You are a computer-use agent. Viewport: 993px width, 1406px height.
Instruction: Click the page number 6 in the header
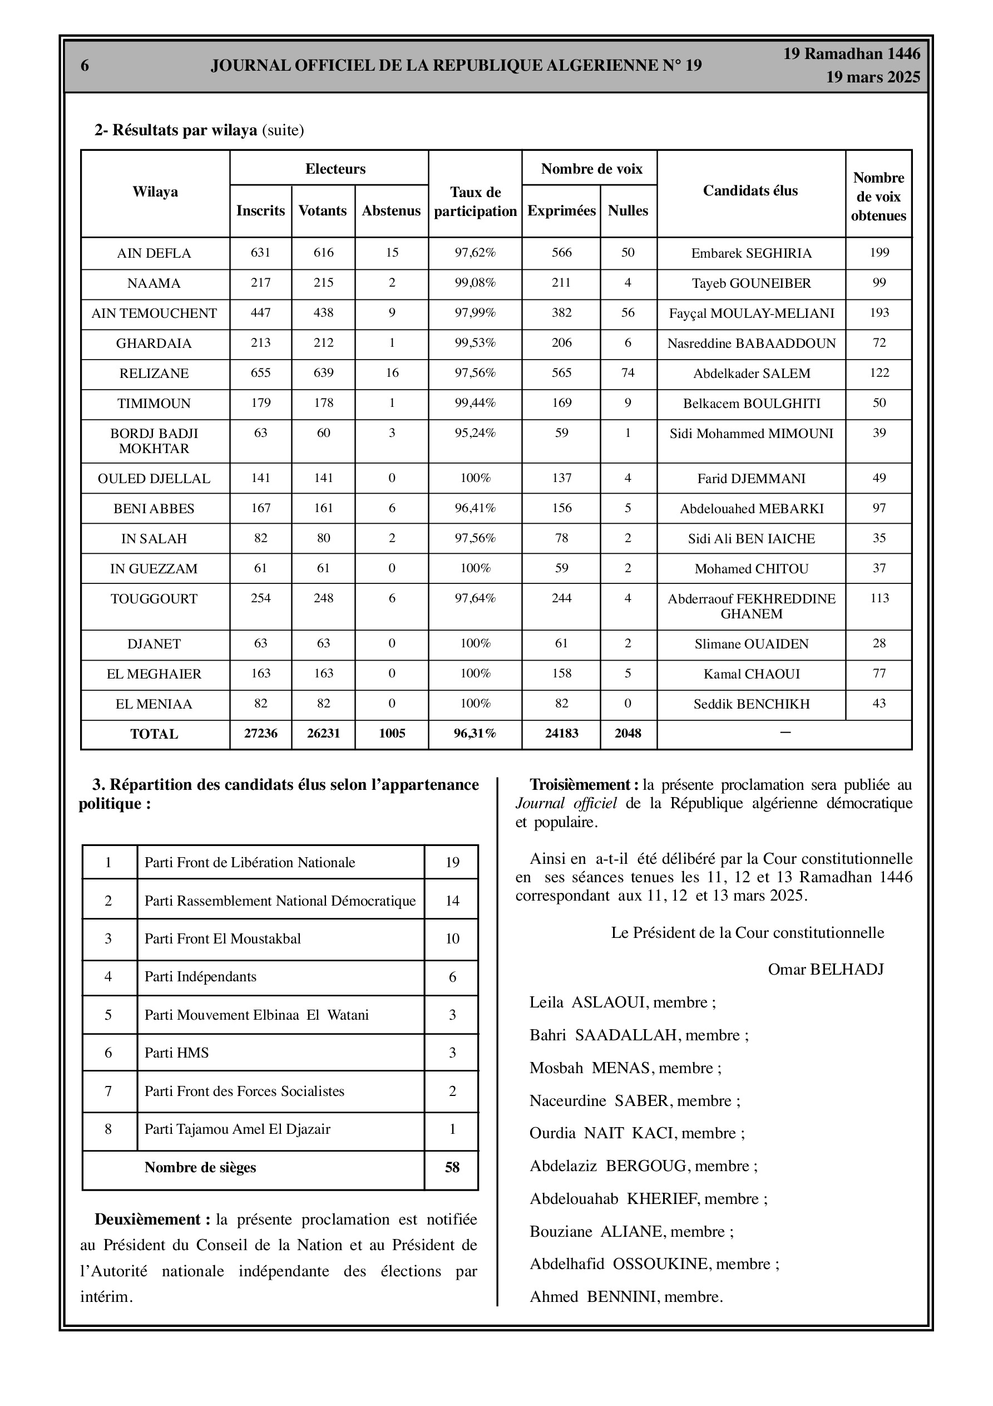coord(85,66)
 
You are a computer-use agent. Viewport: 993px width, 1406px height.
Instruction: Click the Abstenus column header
coord(391,210)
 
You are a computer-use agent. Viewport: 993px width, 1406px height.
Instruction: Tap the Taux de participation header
coord(475,201)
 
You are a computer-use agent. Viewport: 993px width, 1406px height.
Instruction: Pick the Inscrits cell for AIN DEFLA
coord(260,252)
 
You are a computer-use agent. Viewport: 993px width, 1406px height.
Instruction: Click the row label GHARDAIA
coord(154,343)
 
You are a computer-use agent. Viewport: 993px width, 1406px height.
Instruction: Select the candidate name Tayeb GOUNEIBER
coord(751,283)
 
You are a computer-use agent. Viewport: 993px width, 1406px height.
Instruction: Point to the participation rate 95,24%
coord(475,433)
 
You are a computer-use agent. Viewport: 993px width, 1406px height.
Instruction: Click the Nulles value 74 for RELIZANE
coord(628,373)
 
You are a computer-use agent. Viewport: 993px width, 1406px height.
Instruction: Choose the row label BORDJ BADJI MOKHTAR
coord(154,441)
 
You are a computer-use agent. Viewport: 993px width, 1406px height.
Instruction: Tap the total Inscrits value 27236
coord(260,734)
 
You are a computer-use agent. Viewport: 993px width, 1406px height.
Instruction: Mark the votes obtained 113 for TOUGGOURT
coord(878,598)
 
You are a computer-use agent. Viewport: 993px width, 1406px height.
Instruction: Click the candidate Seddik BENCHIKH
coord(751,704)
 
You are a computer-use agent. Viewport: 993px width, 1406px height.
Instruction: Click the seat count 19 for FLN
coord(452,863)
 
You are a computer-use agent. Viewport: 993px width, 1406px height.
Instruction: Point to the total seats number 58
coord(452,1167)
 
